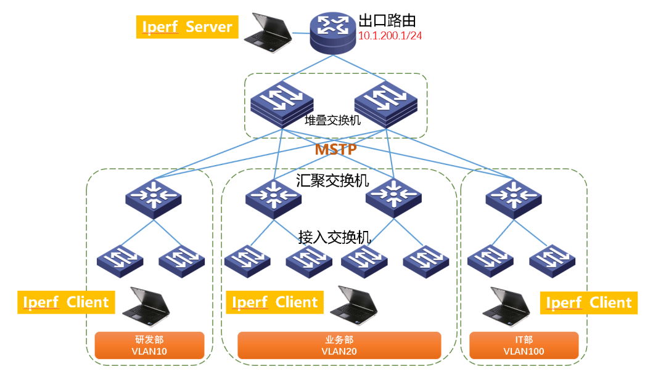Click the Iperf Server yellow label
click(x=187, y=27)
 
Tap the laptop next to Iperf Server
click(x=268, y=31)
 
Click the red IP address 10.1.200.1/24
click(x=390, y=36)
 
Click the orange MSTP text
click(x=335, y=149)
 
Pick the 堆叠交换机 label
click(x=333, y=121)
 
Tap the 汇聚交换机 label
click(x=332, y=180)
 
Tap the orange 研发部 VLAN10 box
click(x=149, y=346)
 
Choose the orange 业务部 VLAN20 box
click(x=339, y=346)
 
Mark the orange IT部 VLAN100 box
click(x=524, y=346)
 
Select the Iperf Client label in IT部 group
click(x=588, y=302)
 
